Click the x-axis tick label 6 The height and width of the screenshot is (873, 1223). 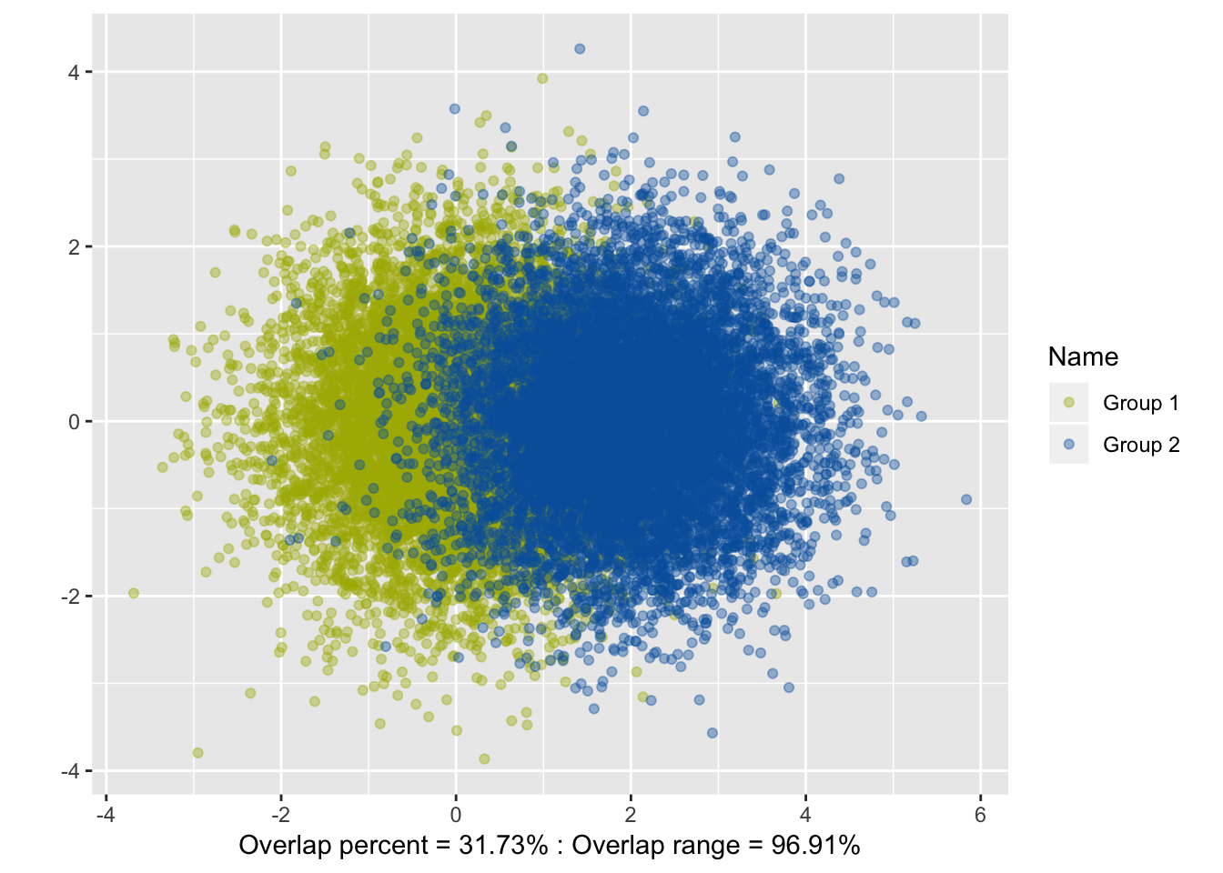980,815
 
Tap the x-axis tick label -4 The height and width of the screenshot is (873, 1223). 106,815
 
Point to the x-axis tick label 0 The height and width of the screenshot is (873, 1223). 456,815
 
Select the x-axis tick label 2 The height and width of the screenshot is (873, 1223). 631,815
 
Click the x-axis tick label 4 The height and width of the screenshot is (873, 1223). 805,815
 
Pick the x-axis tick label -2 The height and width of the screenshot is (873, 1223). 280,815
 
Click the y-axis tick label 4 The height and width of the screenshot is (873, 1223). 74,73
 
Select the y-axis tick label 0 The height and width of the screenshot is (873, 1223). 74,422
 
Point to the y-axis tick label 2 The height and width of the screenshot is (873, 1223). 74,247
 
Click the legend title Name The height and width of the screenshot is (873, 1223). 1083,356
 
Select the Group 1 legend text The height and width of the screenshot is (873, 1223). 1141,403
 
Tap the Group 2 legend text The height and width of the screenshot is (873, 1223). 1141,445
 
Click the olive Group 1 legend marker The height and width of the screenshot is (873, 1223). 1069,403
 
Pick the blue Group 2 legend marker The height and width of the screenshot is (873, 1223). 1069,445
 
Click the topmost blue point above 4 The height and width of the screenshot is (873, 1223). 580,49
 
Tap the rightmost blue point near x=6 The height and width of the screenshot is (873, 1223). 966,499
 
